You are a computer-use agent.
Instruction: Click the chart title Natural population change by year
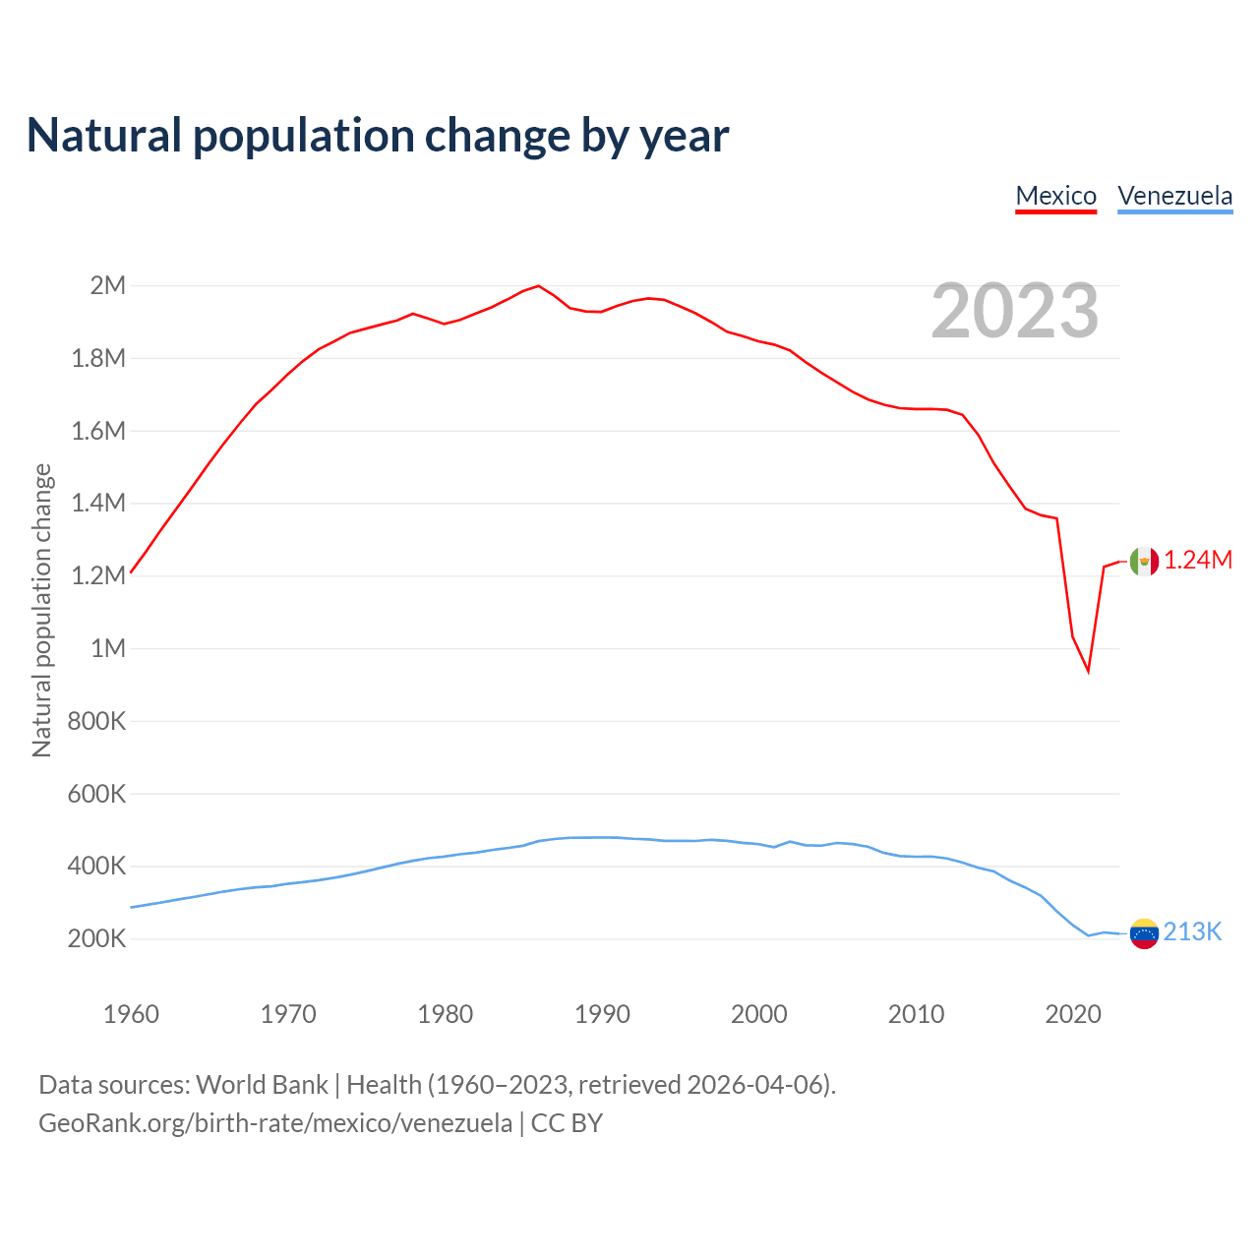pyautogui.click(x=378, y=136)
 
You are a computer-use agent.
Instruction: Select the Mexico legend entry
pyautogui.click(x=1055, y=196)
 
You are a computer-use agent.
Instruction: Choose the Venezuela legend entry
pyautogui.click(x=1174, y=196)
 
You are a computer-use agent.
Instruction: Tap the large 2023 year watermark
pyautogui.click(x=1014, y=311)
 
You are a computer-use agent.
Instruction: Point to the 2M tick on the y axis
pyautogui.click(x=108, y=286)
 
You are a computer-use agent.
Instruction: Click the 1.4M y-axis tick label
pyautogui.click(x=98, y=504)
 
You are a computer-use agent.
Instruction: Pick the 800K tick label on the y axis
pyautogui.click(x=96, y=721)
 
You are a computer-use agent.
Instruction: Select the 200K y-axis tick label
pyautogui.click(x=96, y=939)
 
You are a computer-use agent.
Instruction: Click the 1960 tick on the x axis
pyautogui.click(x=131, y=1014)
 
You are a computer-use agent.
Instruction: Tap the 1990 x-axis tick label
pyautogui.click(x=602, y=1014)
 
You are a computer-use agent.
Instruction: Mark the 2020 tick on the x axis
pyautogui.click(x=1073, y=1014)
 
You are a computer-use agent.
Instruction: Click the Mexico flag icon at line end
pyautogui.click(x=1144, y=561)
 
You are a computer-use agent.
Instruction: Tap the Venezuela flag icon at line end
pyautogui.click(x=1144, y=933)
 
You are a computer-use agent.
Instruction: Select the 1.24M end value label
pyautogui.click(x=1198, y=561)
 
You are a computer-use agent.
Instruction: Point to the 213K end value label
pyautogui.click(x=1192, y=932)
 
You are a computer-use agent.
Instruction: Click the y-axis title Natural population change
pyautogui.click(x=41, y=611)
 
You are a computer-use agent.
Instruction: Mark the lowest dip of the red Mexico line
pyautogui.click(x=1088, y=672)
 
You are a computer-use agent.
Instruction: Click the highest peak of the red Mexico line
pyautogui.click(x=538, y=286)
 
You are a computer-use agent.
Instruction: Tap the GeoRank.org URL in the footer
pyautogui.click(x=275, y=1123)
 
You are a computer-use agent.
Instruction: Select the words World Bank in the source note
pyautogui.click(x=262, y=1085)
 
